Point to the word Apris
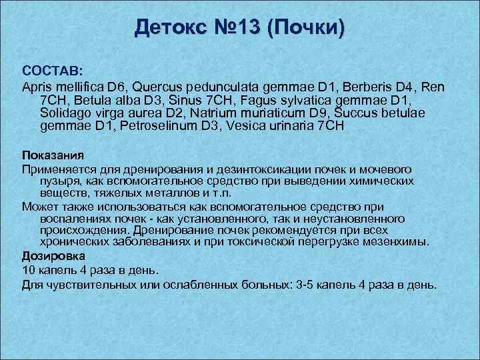[x=37, y=87]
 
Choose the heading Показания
[x=49, y=155]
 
